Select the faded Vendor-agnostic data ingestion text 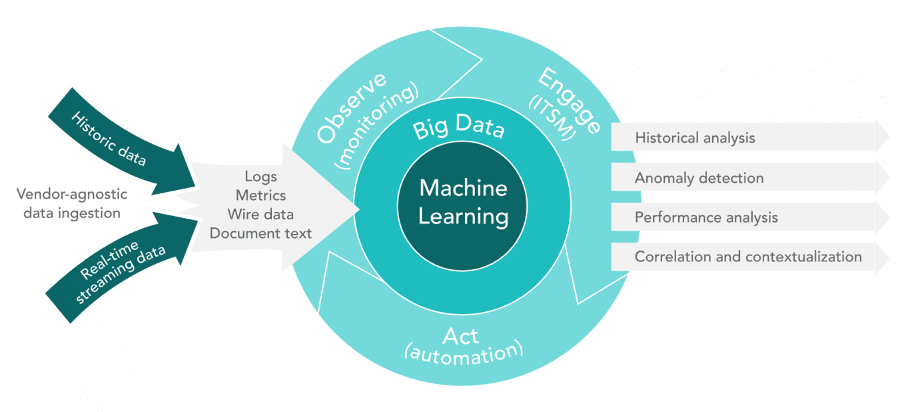[x=71, y=203]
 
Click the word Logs [x=260, y=177]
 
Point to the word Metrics [x=260, y=195]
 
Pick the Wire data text [x=260, y=215]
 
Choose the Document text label [x=260, y=233]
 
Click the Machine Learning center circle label [x=463, y=202]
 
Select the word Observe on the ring [x=351, y=107]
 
